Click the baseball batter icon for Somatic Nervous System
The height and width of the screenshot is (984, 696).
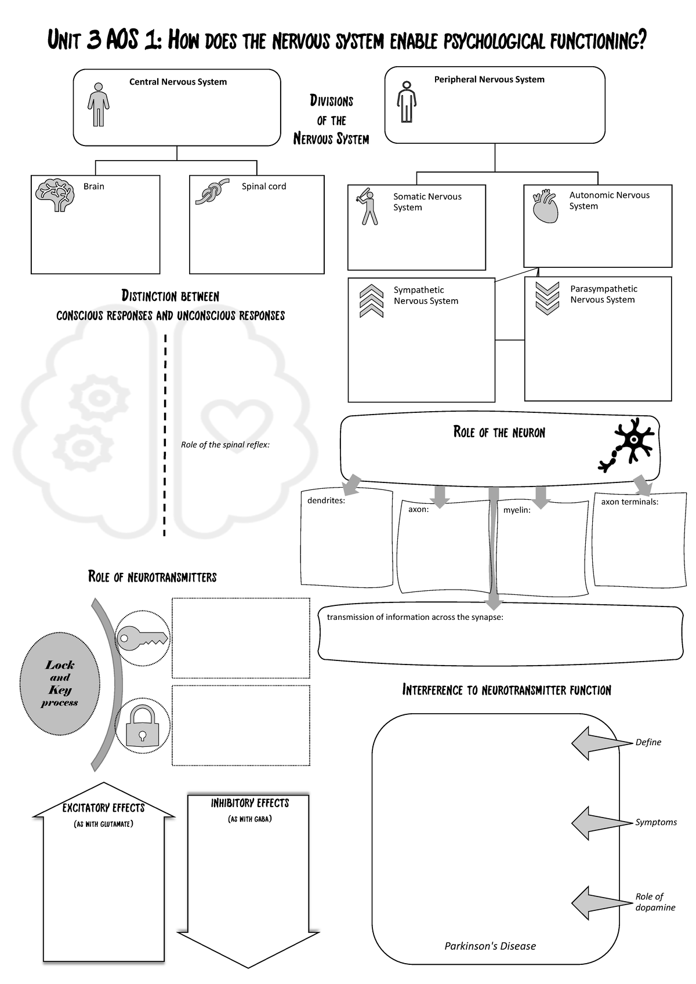pyautogui.click(x=367, y=206)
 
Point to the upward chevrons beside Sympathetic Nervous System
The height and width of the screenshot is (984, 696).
pyautogui.click(x=371, y=301)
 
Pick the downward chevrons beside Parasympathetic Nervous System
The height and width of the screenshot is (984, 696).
pyautogui.click(x=547, y=297)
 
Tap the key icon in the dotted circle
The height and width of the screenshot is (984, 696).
pyautogui.click(x=143, y=638)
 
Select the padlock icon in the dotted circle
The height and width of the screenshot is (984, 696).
pyautogui.click(x=143, y=725)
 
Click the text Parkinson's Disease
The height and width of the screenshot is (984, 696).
pyautogui.click(x=490, y=946)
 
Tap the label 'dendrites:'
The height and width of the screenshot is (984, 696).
pyautogui.click(x=326, y=500)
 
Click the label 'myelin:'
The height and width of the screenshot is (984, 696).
pyautogui.click(x=517, y=510)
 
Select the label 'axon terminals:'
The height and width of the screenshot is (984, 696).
pyautogui.click(x=629, y=502)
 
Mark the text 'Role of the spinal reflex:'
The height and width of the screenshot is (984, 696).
pyautogui.click(x=225, y=445)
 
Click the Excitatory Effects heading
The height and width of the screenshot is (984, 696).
pyautogui.click(x=103, y=808)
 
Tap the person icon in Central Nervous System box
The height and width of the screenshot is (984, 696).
pyautogui.click(x=99, y=104)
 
